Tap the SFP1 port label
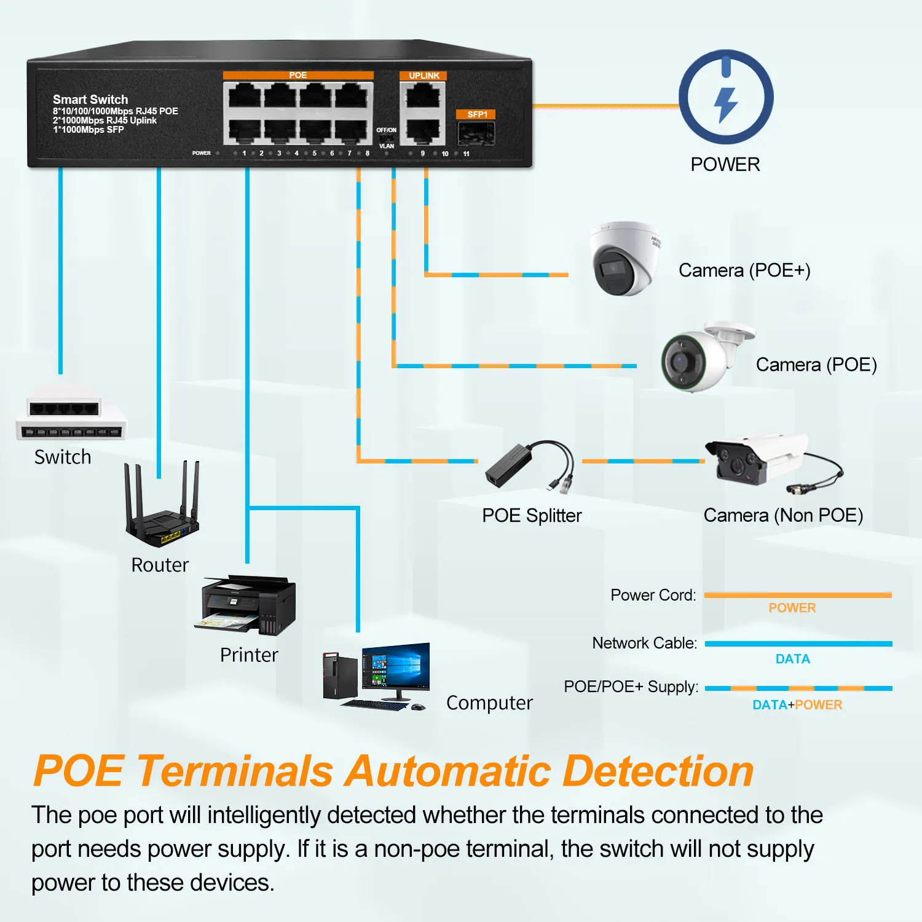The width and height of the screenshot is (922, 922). tap(476, 114)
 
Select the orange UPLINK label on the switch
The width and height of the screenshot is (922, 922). tap(424, 76)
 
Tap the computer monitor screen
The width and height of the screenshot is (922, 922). tap(396, 668)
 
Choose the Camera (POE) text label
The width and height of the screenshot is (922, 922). tap(816, 364)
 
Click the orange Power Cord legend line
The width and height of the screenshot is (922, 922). tap(797, 595)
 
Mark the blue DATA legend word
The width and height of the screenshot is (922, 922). tap(792, 659)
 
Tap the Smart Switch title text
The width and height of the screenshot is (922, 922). tap(90, 100)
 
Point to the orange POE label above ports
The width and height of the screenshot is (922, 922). tap(298, 75)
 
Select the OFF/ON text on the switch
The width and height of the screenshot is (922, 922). tap(386, 130)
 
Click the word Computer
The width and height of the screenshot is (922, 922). tap(489, 703)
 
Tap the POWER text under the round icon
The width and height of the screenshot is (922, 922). tap(725, 165)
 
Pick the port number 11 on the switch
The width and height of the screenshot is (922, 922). tap(466, 154)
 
